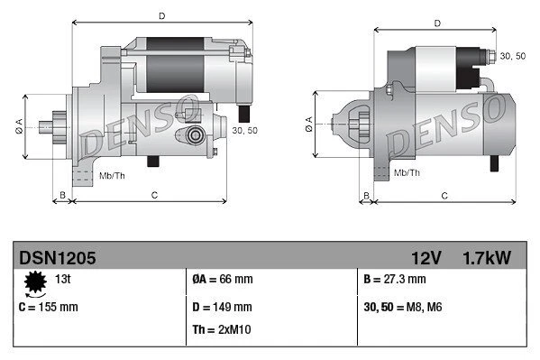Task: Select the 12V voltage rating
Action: click(x=424, y=258)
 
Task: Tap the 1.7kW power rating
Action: click(x=488, y=258)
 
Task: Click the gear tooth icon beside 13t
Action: click(x=36, y=283)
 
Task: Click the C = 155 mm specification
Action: click(x=49, y=307)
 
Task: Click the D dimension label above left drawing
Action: click(x=161, y=15)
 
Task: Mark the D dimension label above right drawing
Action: click(x=437, y=23)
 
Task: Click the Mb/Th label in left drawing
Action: click(x=113, y=175)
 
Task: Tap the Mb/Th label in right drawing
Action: click(x=407, y=171)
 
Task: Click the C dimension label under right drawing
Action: click(x=444, y=195)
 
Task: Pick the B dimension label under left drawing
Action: click(x=61, y=195)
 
